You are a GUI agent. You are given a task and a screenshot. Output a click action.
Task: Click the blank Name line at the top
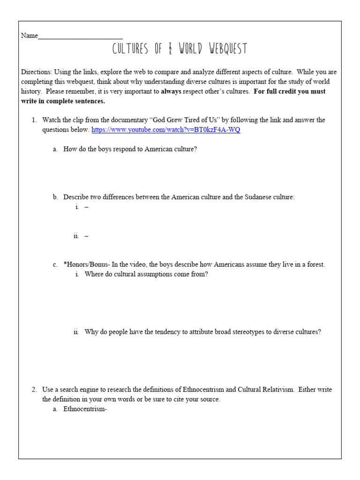click(80, 36)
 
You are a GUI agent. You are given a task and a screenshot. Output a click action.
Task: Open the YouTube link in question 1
click(166, 130)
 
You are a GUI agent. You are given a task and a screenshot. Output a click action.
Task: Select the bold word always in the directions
click(171, 91)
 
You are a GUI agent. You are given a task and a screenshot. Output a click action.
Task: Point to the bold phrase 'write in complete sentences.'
click(63, 101)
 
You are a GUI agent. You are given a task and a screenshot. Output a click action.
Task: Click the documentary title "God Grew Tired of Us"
click(174, 120)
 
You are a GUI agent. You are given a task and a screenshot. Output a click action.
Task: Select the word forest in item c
click(314, 265)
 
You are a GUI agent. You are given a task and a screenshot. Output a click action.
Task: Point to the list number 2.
click(34, 390)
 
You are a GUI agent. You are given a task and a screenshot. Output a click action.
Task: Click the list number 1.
click(34, 120)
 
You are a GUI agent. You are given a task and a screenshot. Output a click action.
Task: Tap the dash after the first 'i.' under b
click(87, 207)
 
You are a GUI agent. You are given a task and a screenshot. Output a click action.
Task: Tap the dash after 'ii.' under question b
click(87, 236)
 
